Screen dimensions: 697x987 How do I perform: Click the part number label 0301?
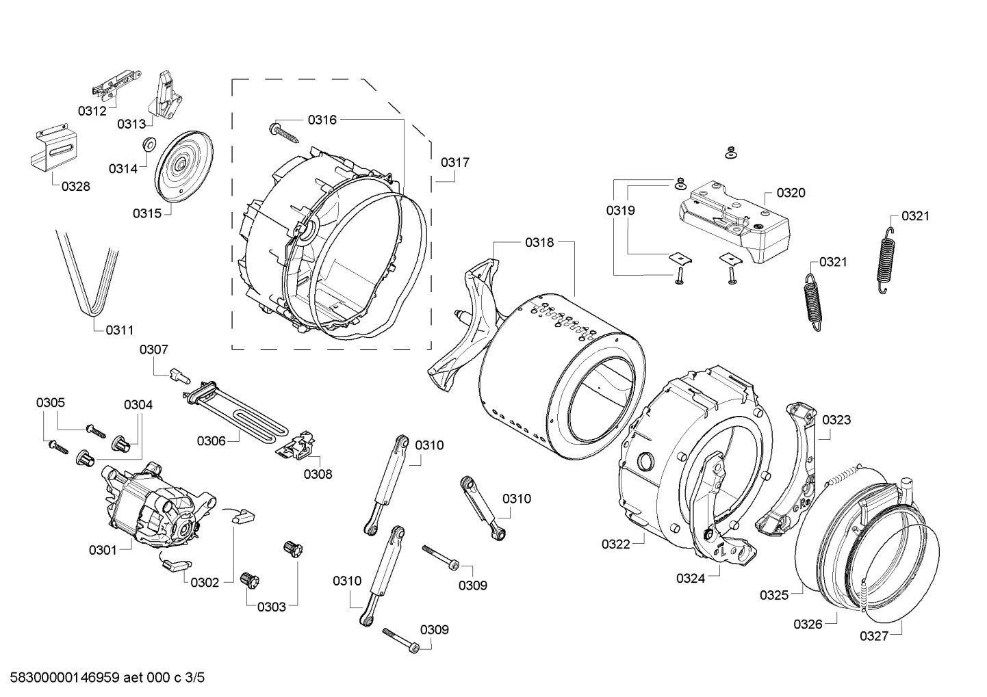click(103, 549)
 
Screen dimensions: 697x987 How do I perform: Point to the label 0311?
click(119, 330)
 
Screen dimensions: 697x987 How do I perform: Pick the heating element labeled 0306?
click(240, 413)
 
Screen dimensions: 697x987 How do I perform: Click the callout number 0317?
click(454, 162)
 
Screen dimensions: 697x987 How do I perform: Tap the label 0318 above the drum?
click(539, 242)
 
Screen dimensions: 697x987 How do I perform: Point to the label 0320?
click(791, 193)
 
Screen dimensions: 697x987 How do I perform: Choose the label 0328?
click(75, 186)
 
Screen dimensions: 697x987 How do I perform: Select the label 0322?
click(616, 544)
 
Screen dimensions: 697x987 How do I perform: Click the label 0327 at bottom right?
click(874, 636)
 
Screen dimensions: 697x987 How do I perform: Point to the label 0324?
click(691, 578)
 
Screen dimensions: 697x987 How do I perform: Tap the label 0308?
click(318, 473)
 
